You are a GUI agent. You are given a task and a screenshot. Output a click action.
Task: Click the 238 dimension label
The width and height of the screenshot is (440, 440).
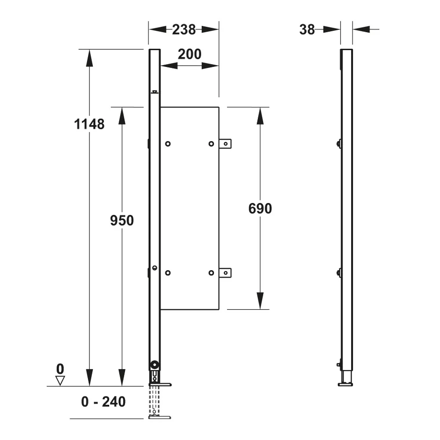point(184,29)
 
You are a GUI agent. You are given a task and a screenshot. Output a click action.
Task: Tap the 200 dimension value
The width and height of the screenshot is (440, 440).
point(190,54)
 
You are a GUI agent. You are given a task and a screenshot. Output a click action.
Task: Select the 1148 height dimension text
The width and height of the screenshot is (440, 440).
point(89,124)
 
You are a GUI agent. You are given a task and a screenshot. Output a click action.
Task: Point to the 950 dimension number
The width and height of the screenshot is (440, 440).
point(122,220)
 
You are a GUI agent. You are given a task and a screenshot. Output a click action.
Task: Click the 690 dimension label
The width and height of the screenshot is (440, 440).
point(260,209)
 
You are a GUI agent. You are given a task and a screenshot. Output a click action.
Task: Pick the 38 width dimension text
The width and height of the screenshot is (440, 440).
point(307,29)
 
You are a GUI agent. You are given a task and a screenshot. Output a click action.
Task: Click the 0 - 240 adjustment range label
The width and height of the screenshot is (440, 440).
point(103,402)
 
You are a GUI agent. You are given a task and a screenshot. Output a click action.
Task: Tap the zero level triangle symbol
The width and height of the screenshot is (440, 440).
point(60,381)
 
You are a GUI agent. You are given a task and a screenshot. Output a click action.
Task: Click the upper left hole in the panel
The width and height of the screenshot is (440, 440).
point(168,144)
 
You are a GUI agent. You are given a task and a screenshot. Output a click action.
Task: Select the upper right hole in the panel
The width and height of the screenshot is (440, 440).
point(211,144)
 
